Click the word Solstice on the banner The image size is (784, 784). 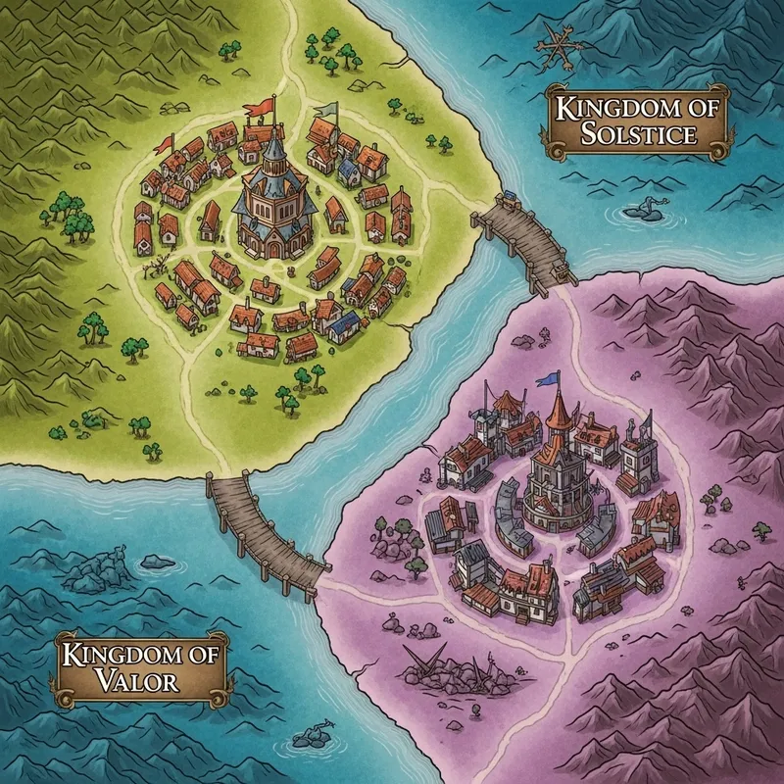[638, 134]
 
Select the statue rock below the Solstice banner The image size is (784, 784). [646, 207]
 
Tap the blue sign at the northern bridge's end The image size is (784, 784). [509, 202]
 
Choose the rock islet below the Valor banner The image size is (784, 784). [317, 734]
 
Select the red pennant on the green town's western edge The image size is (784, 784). [163, 146]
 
